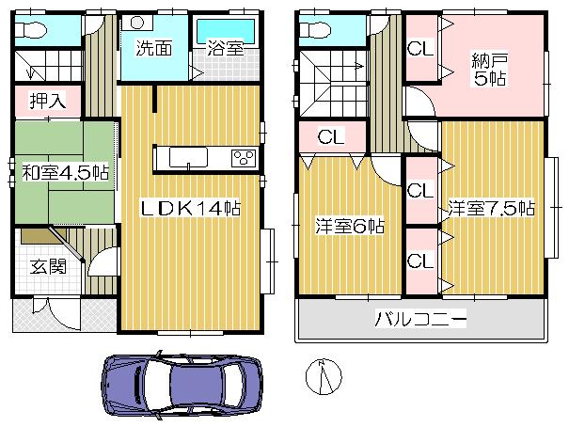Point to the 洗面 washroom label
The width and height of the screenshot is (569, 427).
point(151,48)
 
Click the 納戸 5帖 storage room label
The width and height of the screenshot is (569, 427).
point(488,70)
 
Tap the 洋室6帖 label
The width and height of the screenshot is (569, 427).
point(349,227)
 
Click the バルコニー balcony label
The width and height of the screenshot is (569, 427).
point(420,321)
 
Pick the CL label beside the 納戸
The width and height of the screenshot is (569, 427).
point(420,48)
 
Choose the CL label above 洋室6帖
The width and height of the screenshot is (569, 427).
point(329,136)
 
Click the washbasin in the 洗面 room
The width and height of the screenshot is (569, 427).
point(138,24)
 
